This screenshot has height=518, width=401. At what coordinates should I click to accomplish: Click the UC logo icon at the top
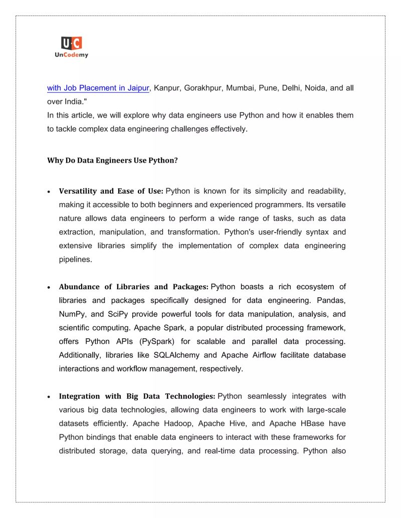(x=71, y=43)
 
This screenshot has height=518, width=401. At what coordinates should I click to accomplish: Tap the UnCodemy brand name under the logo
(x=71, y=55)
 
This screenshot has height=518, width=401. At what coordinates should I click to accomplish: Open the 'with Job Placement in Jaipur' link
(x=98, y=88)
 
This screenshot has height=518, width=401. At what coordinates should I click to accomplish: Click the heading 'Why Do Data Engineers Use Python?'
(x=112, y=161)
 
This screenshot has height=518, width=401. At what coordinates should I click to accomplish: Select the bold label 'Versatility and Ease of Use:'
(x=111, y=191)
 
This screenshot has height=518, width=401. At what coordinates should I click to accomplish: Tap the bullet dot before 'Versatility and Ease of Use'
(x=49, y=192)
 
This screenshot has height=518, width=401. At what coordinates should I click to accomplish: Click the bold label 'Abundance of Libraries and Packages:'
(x=133, y=287)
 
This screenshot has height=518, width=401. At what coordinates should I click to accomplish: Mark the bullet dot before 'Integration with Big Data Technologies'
(x=49, y=397)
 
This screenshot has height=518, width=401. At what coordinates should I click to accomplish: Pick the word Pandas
(x=331, y=301)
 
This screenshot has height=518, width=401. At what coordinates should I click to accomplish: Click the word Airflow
(x=270, y=355)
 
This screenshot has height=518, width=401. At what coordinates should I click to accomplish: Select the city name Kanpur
(x=166, y=88)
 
